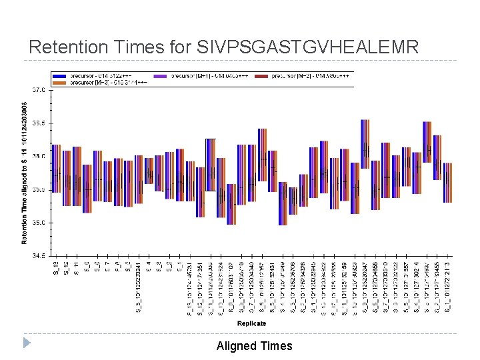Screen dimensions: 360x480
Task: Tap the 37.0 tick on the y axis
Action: coord(39,89)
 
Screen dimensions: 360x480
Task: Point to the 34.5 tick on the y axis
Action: coord(39,255)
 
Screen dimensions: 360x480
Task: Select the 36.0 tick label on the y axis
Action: coord(39,156)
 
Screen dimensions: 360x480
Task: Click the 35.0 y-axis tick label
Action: coord(39,223)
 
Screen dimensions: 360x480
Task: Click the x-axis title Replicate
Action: coord(251,323)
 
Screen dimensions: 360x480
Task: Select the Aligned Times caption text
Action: coord(254,345)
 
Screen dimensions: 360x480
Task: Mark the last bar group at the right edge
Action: coord(447,182)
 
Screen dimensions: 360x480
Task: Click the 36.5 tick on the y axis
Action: coord(39,123)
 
